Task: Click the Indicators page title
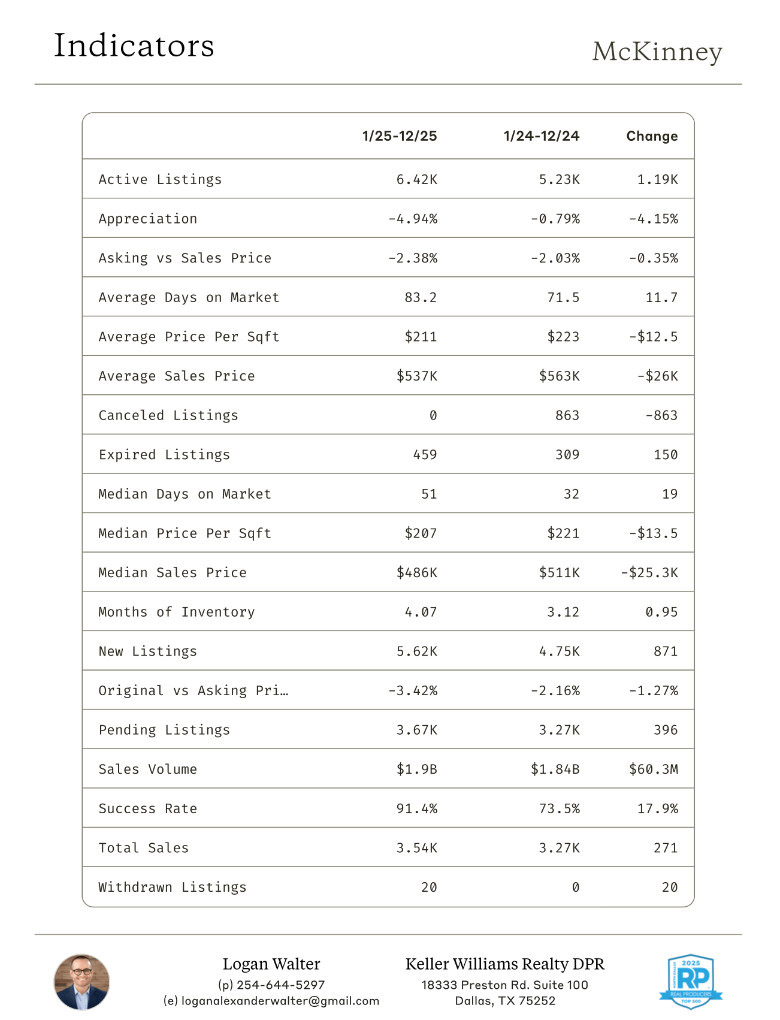coord(134,46)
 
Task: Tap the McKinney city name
coord(657,52)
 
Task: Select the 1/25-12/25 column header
coord(400,136)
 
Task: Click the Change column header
coord(652,136)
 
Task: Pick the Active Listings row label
coord(160,179)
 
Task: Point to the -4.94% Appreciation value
coord(413,219)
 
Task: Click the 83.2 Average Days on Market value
coord(421,297)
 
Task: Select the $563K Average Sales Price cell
coord(559,376)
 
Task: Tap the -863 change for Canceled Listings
coord(661,415)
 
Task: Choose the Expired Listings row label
coord(164,455)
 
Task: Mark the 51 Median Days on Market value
coord(429,494)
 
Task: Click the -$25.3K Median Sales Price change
coord(649,572)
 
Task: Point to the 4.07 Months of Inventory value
coord(421,612)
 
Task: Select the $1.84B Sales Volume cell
coord(555,769)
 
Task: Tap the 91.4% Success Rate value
coord(416,808)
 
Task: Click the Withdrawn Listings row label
coord(173,887)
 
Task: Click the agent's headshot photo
coord(82,982)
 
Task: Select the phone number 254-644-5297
coord(280,985)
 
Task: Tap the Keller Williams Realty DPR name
coord(505,964)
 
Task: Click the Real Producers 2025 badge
coord(691,981)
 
